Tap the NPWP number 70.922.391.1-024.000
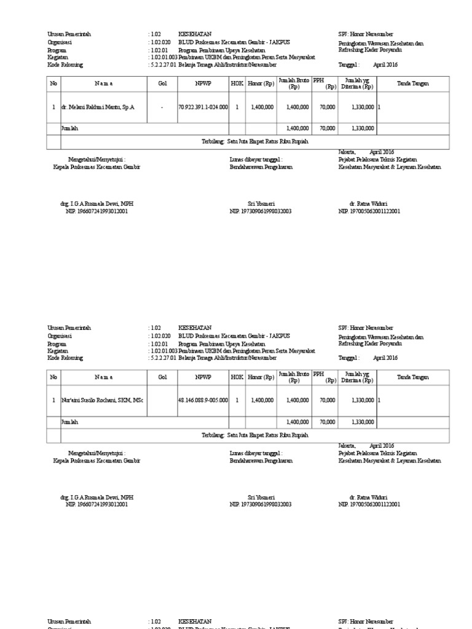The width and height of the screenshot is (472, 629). click(203, 107)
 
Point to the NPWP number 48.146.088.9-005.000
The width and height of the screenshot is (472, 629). click(203, 400)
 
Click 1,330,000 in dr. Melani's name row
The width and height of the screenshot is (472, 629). click(362, 107)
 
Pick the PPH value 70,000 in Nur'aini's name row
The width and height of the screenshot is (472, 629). click(327, 400)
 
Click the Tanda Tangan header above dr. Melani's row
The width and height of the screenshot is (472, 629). click(413, 84)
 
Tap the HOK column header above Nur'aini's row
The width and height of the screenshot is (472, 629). click(237, 377)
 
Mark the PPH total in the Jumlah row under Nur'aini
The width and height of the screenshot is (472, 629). click(327, 422)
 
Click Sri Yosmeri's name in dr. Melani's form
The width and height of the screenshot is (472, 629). click(261, 204)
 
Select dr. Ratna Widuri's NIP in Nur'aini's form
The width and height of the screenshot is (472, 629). click(369, 504)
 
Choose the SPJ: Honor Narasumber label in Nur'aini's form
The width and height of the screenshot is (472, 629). click(366, 328)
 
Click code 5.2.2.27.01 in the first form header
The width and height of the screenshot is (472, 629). click(162, 64)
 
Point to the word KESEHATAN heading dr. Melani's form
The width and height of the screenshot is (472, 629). click(195, 35)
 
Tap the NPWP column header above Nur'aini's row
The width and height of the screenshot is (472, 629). click(203, 377)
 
